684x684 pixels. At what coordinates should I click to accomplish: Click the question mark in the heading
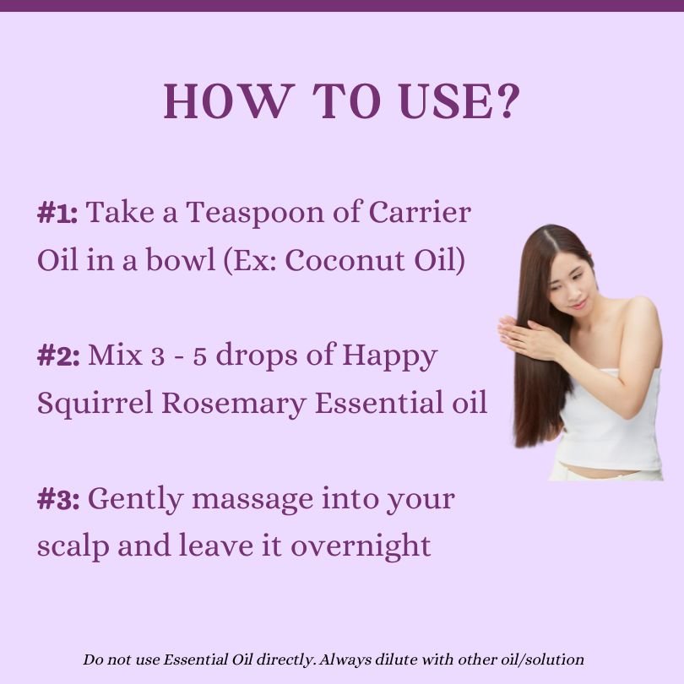pos(508,100)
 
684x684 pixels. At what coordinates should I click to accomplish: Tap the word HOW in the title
pos(226,100)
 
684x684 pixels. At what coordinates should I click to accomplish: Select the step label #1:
pos(57,214)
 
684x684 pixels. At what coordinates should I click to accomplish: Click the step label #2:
pos(58,356)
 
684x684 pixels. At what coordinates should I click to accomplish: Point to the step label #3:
pos(58,499)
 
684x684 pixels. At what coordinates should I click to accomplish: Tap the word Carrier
pos(420,213)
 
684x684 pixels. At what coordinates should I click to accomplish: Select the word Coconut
pos(345,260)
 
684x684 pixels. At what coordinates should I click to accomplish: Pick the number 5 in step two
pos(199,356)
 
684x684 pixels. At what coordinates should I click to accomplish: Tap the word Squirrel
pos(95,404)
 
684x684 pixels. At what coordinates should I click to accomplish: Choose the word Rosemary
pos(234,404)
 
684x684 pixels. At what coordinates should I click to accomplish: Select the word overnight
pos(361,546)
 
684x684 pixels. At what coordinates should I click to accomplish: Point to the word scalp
pos(73,547)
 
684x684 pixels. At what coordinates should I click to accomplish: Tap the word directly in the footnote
pos(285,660)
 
